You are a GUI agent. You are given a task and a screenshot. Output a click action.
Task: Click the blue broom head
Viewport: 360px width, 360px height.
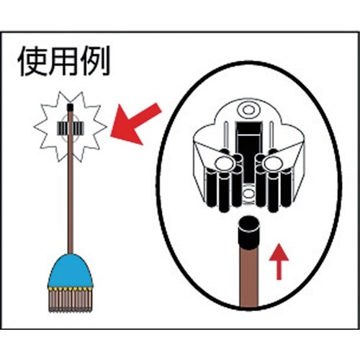coord(70,271)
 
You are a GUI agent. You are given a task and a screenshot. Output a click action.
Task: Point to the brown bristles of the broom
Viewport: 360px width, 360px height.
coord(70,300)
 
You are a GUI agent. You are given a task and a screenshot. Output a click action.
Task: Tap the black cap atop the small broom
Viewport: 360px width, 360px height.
coord(70,107)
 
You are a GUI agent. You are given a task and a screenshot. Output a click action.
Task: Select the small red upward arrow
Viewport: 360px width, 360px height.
coord(279,261)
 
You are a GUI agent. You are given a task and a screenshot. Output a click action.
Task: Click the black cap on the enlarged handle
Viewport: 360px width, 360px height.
coord(248,233)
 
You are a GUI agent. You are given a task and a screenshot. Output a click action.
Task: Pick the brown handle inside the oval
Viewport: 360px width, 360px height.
coord(248,279)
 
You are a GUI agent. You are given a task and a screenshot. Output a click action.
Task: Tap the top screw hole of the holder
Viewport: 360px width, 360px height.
coord(248,110)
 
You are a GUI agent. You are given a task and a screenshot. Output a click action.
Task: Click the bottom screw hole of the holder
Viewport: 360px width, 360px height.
coord(248,193)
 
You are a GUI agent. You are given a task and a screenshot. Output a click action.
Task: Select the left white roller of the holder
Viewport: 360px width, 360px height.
coord(225,163)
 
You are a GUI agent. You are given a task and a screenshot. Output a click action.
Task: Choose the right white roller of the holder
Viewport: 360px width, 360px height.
coord(273,163)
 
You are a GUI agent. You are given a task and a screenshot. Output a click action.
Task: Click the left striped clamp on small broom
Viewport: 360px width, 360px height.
coord(63,128)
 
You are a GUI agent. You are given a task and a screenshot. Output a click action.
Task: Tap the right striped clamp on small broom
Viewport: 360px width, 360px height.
coord(77,128)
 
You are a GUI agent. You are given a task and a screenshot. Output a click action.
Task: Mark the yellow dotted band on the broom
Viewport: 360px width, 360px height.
coord(70,288)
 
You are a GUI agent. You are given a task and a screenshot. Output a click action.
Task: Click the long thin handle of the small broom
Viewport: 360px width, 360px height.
coord(70,182)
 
